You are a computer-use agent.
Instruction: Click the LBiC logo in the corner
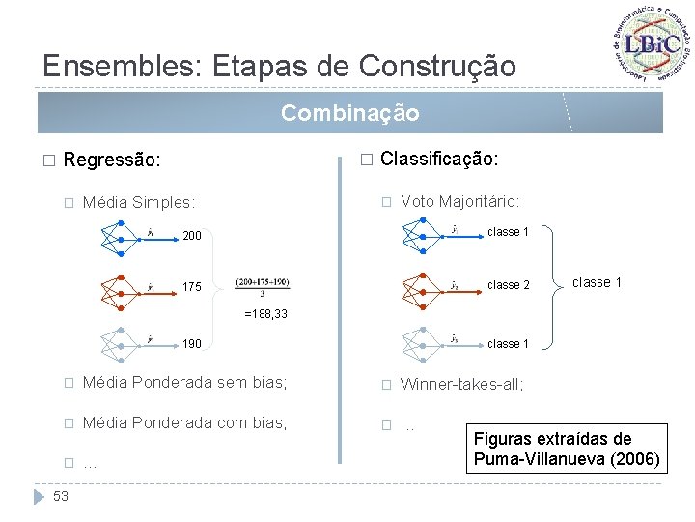(652, 44)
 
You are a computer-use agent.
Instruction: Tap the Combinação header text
(349, 114)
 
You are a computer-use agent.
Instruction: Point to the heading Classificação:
(439, 159)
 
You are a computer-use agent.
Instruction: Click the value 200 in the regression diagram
(192, 236)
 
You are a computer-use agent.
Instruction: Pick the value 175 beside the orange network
(192, 287)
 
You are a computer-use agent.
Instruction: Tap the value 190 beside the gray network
(192, 344)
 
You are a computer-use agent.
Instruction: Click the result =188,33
(265, 314)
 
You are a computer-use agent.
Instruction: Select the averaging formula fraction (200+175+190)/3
(261, 288)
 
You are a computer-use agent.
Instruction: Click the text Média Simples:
(139, 203)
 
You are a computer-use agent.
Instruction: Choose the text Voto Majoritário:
(459, 201)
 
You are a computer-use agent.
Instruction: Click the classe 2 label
(509, 285)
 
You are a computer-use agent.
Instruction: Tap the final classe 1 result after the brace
(597, 282)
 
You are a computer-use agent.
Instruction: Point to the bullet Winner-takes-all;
(461, 385)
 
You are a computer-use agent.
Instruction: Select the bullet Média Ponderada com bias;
(184, 423)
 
